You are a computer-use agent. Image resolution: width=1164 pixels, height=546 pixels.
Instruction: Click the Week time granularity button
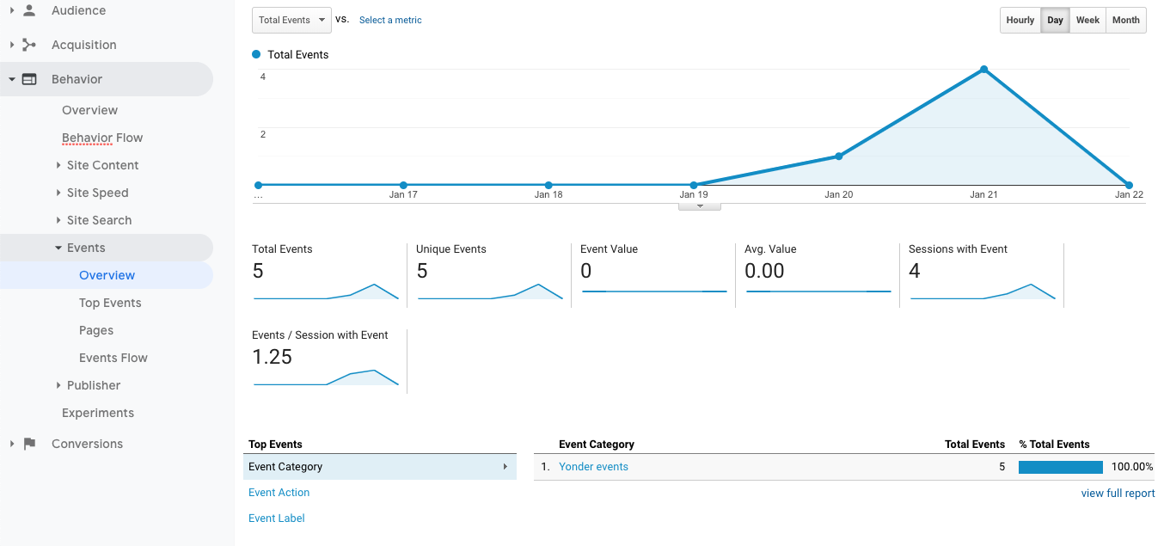[1087, 20]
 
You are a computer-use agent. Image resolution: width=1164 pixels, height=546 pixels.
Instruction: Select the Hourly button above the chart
[1020, 20]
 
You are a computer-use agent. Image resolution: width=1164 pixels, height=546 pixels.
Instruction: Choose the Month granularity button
[1125, 20]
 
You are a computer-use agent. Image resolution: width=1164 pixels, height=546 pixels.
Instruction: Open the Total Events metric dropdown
[291, 20]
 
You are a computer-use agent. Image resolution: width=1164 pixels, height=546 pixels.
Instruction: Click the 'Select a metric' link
[390, 20]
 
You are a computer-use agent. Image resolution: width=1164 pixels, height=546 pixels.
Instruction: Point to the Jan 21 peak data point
[983, 70]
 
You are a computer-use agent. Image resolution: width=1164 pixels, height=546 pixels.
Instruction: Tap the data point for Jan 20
[839, 156]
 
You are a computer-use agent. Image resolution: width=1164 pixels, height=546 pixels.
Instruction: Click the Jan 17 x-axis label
[403, 194]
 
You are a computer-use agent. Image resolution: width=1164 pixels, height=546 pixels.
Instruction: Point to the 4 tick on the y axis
[263, 77]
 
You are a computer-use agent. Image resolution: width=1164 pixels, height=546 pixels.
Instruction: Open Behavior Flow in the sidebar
[102, 138]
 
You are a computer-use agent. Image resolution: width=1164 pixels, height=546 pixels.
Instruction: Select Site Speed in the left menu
[98, 193]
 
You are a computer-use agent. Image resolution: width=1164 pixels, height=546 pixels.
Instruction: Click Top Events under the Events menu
[110, 303]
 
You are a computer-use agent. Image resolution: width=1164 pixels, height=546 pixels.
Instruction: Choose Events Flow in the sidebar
[113, 358]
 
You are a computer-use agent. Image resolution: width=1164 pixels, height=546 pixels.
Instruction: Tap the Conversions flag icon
[30, 444]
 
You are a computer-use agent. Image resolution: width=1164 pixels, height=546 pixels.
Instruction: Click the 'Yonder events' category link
[593, 467]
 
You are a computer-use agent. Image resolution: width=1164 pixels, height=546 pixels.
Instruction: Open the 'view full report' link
[1118, 494]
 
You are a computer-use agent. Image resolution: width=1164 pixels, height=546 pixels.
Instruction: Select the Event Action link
[279, 493]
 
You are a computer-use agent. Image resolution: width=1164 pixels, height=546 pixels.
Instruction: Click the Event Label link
[277, 518]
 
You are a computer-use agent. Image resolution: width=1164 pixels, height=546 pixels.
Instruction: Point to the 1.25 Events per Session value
[272, 357]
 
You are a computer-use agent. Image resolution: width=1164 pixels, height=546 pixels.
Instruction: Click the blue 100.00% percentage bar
[1060, 467]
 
